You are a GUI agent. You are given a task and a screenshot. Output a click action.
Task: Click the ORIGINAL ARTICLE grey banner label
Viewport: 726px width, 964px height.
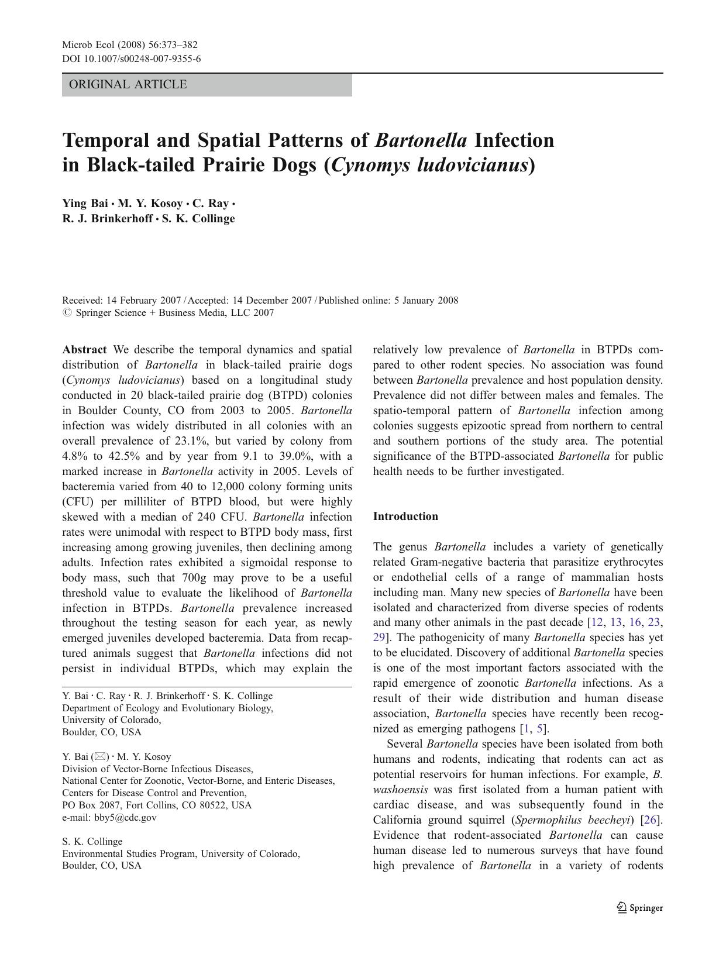point(128,85)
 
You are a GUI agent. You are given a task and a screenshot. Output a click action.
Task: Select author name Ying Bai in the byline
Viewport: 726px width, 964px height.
point(85,204)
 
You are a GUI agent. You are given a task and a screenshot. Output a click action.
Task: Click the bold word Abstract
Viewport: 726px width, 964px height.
point(84,350)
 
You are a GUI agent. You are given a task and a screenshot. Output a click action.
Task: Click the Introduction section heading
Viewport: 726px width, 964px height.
point(405,517)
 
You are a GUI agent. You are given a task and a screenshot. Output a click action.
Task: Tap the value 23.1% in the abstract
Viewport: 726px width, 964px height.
point(188,441)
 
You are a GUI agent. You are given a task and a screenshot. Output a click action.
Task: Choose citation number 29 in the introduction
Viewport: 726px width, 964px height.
point(379,638)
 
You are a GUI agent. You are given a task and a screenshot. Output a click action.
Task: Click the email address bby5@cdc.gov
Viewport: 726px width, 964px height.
point(125,818)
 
